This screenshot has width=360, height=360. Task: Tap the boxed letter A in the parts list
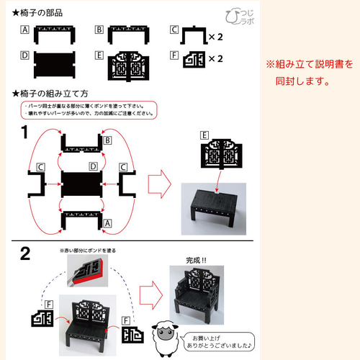[x=24, y=30]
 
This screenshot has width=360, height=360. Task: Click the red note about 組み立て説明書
[x=310, y=72]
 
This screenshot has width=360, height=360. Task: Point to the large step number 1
[x=24, y=132]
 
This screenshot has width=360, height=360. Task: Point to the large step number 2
[x=24, y=253]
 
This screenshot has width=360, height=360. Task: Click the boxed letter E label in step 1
[x=205, y=135]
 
